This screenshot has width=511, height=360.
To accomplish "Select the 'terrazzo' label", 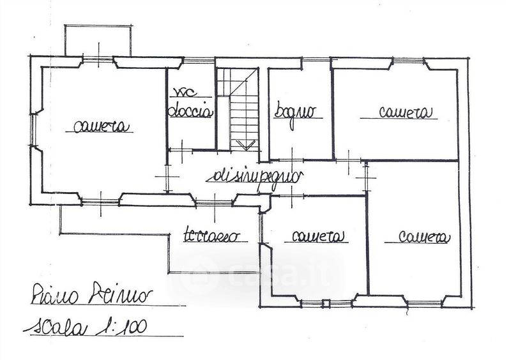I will [213, 235].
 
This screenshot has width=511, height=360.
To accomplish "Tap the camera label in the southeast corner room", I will [425, 237].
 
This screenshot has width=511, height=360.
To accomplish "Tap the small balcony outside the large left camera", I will [100, 40].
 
